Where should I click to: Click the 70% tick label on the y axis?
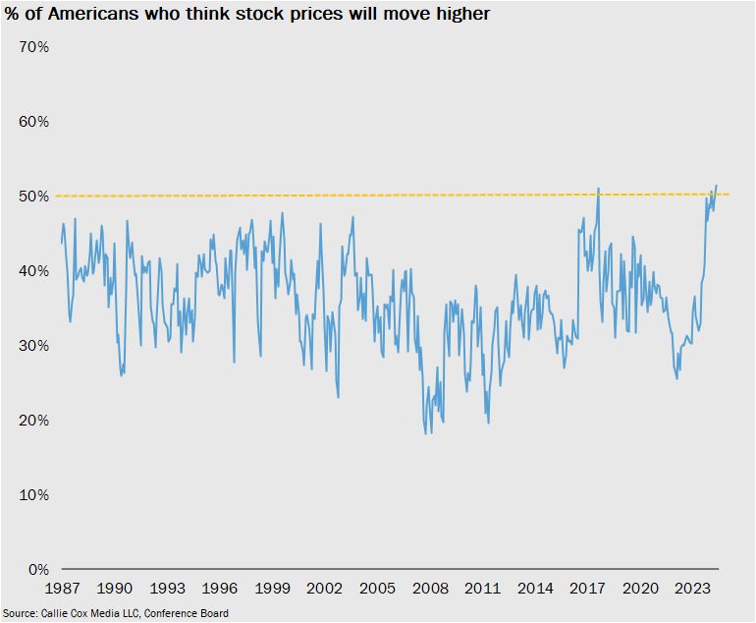[35, 47]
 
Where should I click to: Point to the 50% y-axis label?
[35, 197]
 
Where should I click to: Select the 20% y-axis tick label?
[35, 421]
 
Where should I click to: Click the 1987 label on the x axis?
[63, 589]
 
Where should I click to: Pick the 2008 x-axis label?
[430, 589]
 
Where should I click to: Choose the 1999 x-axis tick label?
[273, 589]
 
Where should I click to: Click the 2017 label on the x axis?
[587, 589]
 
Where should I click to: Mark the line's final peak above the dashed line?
[717, 185]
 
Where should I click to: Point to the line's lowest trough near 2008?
[425, 433]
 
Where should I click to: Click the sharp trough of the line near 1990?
[121, 375]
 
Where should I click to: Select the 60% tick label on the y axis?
[35, 122]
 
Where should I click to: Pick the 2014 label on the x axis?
[535, 589]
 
